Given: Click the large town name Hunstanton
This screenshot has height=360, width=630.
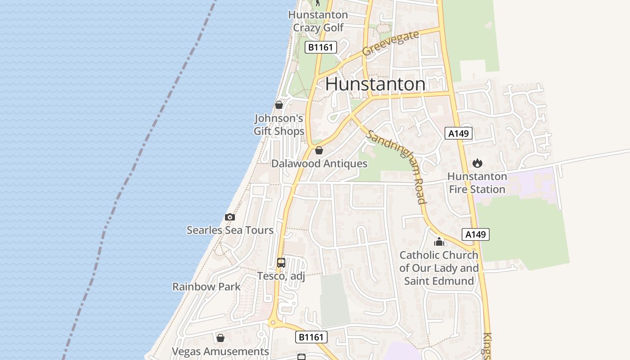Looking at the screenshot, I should tap(375, 84).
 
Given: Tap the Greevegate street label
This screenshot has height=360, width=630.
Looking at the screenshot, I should tap(390, 43).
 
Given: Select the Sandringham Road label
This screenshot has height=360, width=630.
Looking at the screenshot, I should tap(396, 166).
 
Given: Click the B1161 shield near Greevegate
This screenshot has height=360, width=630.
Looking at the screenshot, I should tap(321, 47).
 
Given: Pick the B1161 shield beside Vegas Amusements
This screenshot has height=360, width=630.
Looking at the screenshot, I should tap(311, 337).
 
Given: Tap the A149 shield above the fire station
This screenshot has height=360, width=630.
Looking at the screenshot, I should tap(459, 133).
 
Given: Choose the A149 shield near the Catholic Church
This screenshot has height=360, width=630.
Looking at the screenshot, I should tap(475, 234).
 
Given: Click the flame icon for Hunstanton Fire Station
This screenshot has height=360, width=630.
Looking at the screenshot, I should tap(477, 163).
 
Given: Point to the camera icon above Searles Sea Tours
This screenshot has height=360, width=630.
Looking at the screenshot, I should tap(230, 217).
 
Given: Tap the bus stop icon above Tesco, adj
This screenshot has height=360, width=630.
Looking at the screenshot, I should tap(281, 263).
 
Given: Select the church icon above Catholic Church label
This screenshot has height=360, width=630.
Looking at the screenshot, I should tap(439, 242).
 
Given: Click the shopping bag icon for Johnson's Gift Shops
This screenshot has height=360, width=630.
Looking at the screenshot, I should tap(279, 105).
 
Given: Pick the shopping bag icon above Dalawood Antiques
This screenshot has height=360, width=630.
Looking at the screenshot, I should tap(319, 150).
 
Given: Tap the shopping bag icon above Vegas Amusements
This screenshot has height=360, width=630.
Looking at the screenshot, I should tap(220, 338).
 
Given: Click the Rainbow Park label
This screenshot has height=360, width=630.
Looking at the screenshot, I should tap(207, 287).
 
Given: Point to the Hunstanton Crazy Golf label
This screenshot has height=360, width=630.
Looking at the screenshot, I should tap(318, 21).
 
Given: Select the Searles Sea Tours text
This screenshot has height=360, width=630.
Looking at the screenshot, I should tap(230, 230).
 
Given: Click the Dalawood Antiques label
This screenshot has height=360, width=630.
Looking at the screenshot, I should tap(319, 164).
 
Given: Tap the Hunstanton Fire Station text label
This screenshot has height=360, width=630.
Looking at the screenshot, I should tap(477, 183).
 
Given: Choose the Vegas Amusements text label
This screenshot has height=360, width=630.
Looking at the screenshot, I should tap(220, 351).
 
